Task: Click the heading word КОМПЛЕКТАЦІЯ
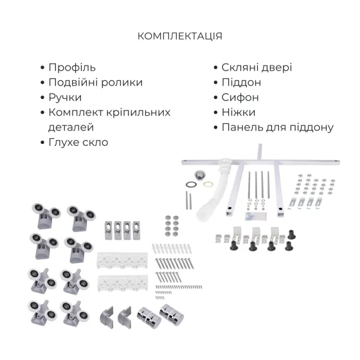tap(180, 36)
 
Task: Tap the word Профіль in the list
tap(72, 67)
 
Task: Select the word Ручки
tap(65, 97)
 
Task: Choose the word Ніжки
tap(238, 112)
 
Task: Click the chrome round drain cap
tap(201, 174)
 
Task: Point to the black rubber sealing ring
tap(191, 184)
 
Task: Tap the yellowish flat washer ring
tap(208, 184)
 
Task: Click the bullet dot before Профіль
tap(43, 68)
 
